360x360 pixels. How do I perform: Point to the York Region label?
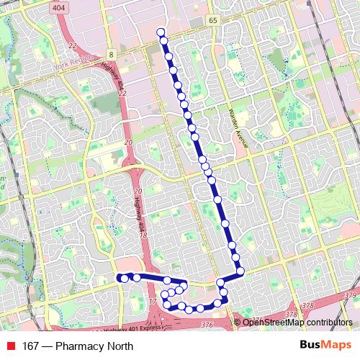coord(73,67)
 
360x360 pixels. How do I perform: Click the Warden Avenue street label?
coord(237,127)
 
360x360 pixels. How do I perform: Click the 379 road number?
coord(351,296)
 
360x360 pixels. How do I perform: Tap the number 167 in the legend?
coord(31,346)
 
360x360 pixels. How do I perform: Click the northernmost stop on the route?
coord(161,32)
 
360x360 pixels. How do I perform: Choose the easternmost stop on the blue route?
coord(240,271)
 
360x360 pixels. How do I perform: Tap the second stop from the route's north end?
coord(165,43)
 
